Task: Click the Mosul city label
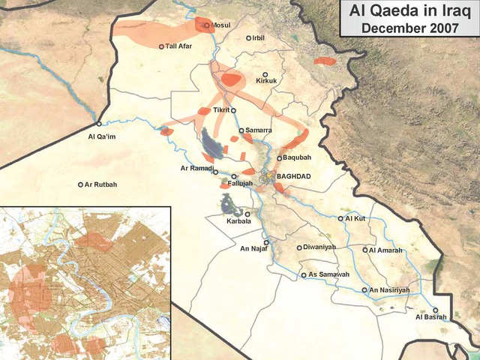tap(221, 25)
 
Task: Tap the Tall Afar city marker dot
tap(161, 46)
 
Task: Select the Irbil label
tap(259, 37)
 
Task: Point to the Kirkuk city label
tap(266, 81)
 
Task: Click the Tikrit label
tap(221, 110)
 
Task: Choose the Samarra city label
tap(258, 130)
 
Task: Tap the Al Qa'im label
tap(102, 136)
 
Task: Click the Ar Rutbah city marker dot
tap(81, 184)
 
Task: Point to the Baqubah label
tap(293, 158)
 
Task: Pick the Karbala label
tap(238, 221)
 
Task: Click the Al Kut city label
tap(355, 218)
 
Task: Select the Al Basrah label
tap(430, 317)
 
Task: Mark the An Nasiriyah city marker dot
tap(365, 289)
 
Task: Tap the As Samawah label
tap(329, 274)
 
